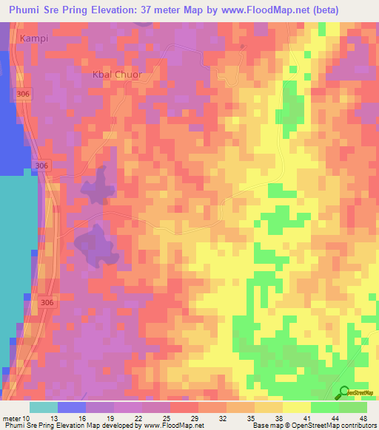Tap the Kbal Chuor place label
116,75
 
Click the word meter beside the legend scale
13,417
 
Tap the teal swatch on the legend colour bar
44,407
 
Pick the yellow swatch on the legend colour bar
297,407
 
